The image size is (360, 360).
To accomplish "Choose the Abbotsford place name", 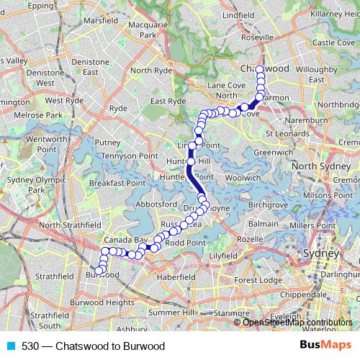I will [150, 204].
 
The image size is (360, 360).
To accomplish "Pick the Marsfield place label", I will [100, 21].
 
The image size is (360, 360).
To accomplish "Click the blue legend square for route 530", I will [10, 346].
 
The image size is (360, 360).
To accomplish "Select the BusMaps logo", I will [326, 346].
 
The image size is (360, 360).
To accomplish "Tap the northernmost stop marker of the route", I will [260, 69].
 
